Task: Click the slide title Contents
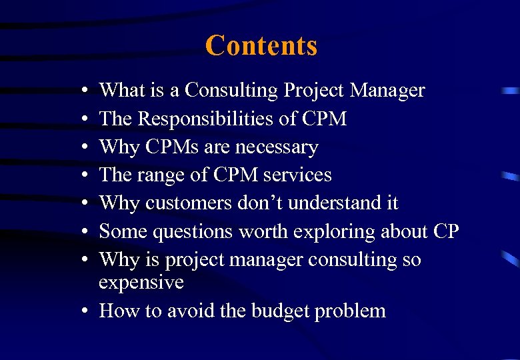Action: [x=261, y=46]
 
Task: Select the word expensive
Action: [x=141, y=283]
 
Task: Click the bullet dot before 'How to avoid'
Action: [x=88, y=311]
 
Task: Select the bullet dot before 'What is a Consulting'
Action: [x=88, y=91]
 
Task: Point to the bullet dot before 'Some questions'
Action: [x=88, y=232]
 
